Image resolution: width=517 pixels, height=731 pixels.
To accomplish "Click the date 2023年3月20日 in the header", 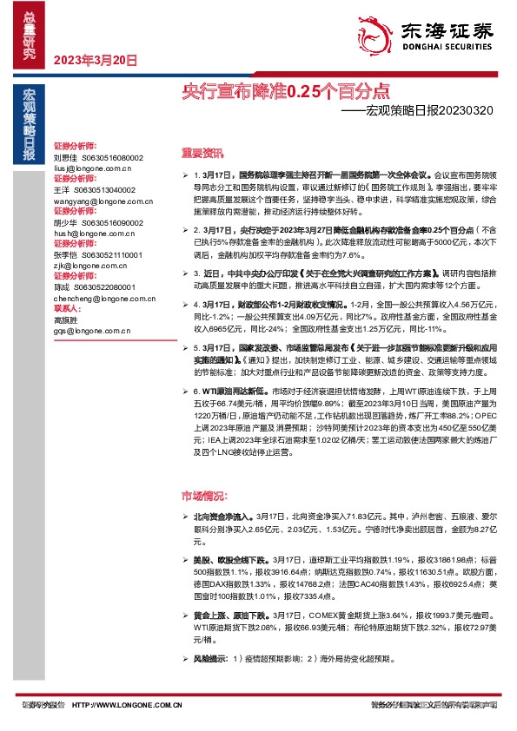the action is pos(96,61).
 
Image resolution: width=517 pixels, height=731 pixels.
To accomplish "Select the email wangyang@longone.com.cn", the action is pos(97,199).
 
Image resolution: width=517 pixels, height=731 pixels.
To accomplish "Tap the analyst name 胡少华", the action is pos(65,221).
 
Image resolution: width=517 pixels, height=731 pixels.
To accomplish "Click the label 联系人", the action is pos(67,307).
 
